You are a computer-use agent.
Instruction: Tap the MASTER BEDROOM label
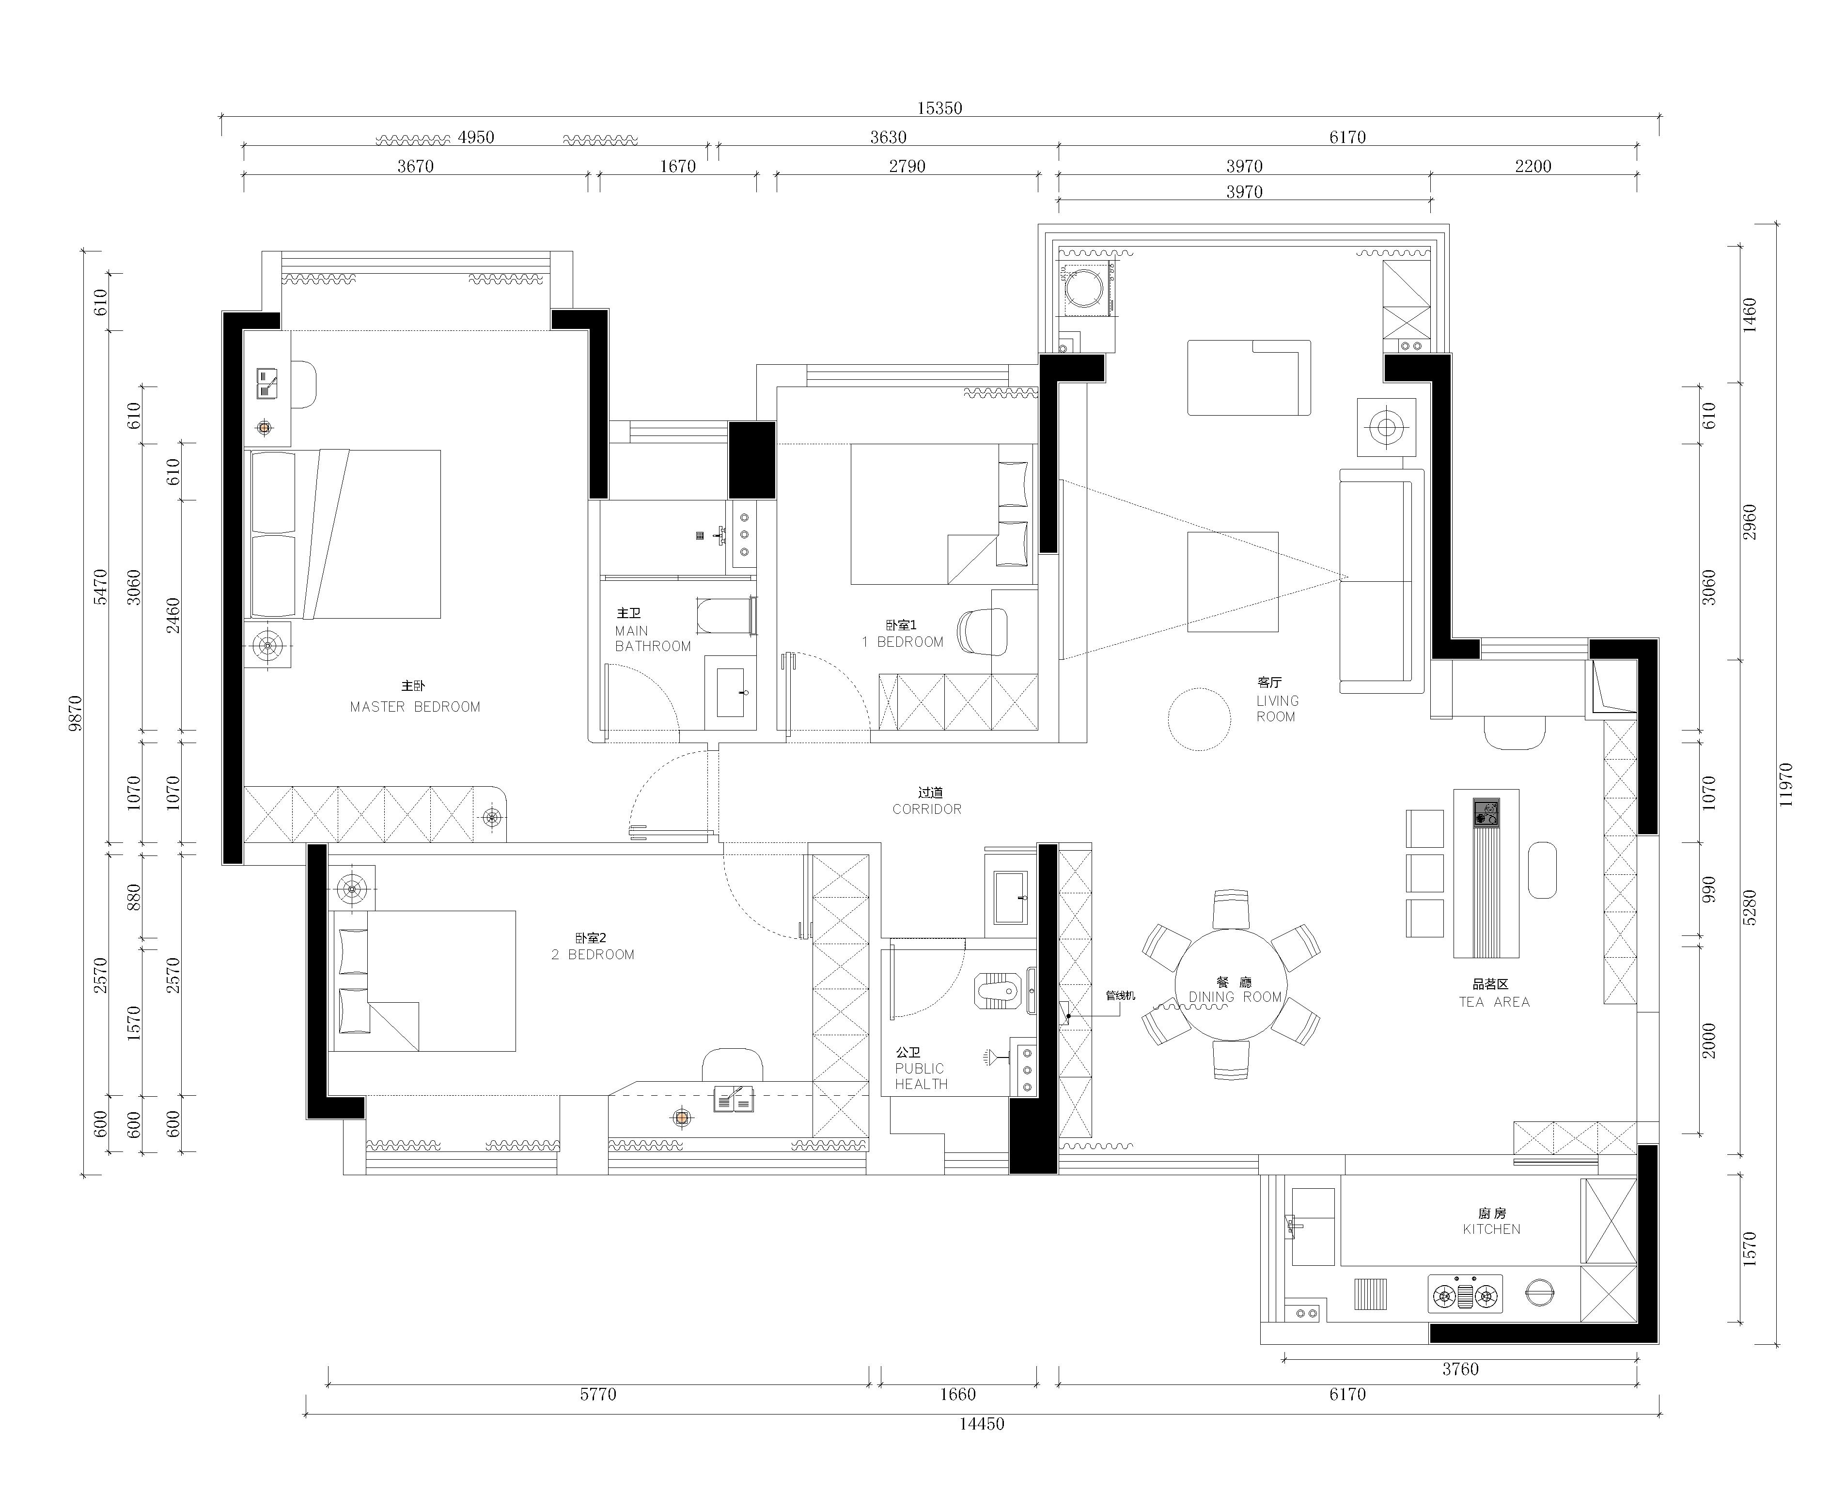point(415,707)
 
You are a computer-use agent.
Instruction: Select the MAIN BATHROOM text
point(652,638)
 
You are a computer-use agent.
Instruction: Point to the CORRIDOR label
point(927,808)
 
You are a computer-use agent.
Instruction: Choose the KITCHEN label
point(1491,1229)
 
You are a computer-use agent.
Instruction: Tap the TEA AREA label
point(1494,1002)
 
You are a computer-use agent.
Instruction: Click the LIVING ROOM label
point(1277,709)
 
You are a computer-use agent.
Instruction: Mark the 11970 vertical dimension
point(1785,784)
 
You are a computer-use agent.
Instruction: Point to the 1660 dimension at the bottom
point(958,1394)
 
